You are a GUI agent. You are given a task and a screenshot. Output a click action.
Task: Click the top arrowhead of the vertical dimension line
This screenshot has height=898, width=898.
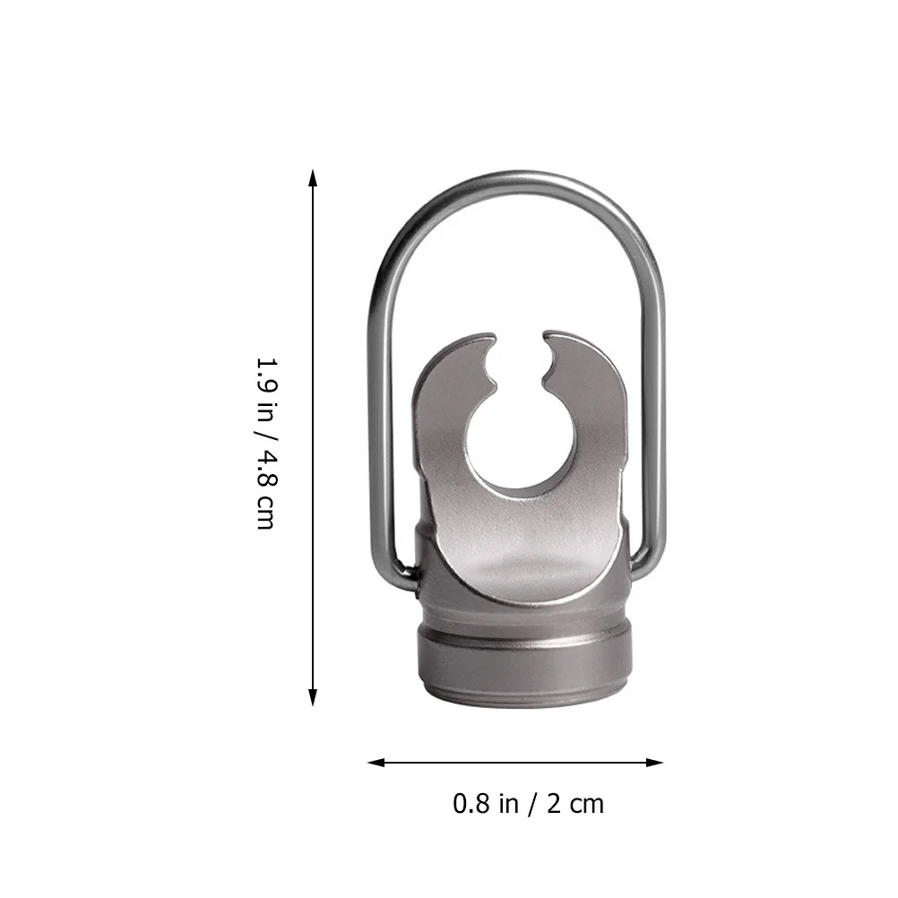[313, 177]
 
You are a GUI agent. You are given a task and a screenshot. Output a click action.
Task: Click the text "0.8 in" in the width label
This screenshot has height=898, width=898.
[486, 804]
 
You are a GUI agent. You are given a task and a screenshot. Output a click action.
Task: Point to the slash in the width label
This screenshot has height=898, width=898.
[532, 804]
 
